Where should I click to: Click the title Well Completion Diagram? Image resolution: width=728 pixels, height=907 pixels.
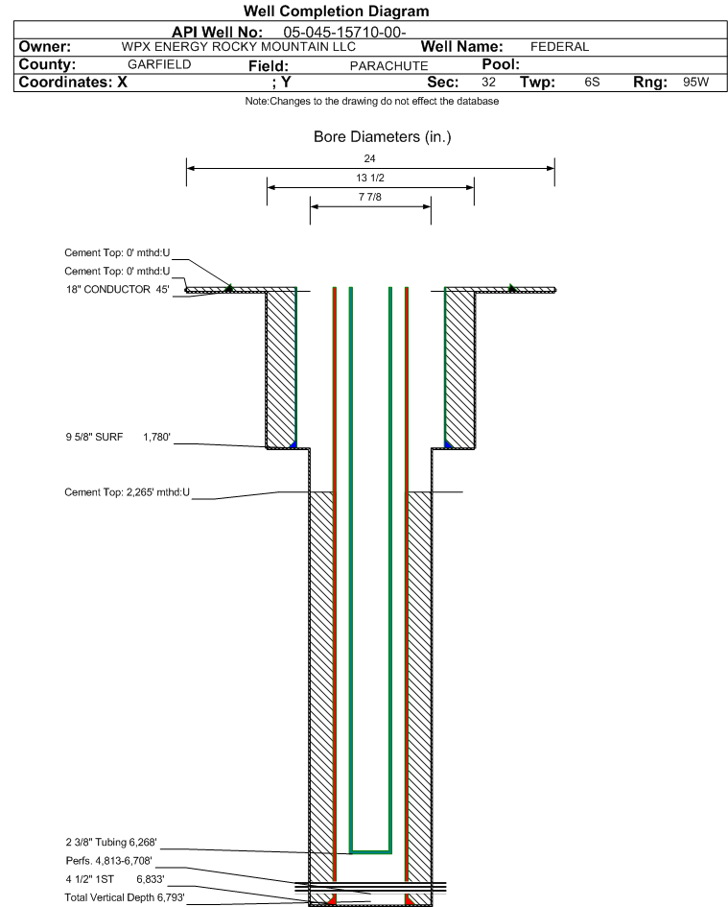[336, 11]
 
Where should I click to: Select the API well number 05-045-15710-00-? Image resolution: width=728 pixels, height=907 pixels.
[344, 33]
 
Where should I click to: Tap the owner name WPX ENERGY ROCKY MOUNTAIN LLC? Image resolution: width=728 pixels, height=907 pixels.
[238, 47]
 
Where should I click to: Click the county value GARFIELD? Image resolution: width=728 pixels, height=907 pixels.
[159, 64]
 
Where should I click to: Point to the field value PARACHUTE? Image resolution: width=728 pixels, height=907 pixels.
[388, 66]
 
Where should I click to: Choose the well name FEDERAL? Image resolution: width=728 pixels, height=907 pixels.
[559, 47]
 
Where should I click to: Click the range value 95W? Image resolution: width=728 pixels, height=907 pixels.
[695, 82]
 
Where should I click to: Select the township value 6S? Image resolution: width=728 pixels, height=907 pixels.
[592, 82]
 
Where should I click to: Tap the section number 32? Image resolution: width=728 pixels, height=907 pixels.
[488, 82]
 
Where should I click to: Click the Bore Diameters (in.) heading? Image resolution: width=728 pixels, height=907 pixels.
[382, 137]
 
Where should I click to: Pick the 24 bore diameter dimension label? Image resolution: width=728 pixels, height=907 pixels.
[369, 158]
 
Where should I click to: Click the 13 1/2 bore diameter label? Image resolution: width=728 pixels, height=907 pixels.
[370, 178]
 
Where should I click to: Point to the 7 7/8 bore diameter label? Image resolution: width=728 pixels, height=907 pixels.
[370, 197]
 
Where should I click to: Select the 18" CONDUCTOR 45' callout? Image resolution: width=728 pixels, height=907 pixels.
[117, 289]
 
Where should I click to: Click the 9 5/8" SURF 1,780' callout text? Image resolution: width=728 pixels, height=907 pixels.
[118, 437]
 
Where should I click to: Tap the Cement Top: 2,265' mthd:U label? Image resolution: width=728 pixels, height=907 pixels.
[128, 492]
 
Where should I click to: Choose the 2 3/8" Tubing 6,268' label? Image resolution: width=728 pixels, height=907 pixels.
[111, 843]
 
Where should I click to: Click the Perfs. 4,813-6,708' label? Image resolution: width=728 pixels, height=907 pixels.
[108, 861]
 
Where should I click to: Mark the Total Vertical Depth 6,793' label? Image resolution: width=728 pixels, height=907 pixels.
[125, 897]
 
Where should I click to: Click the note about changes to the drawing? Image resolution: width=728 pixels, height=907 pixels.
[372, 101]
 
